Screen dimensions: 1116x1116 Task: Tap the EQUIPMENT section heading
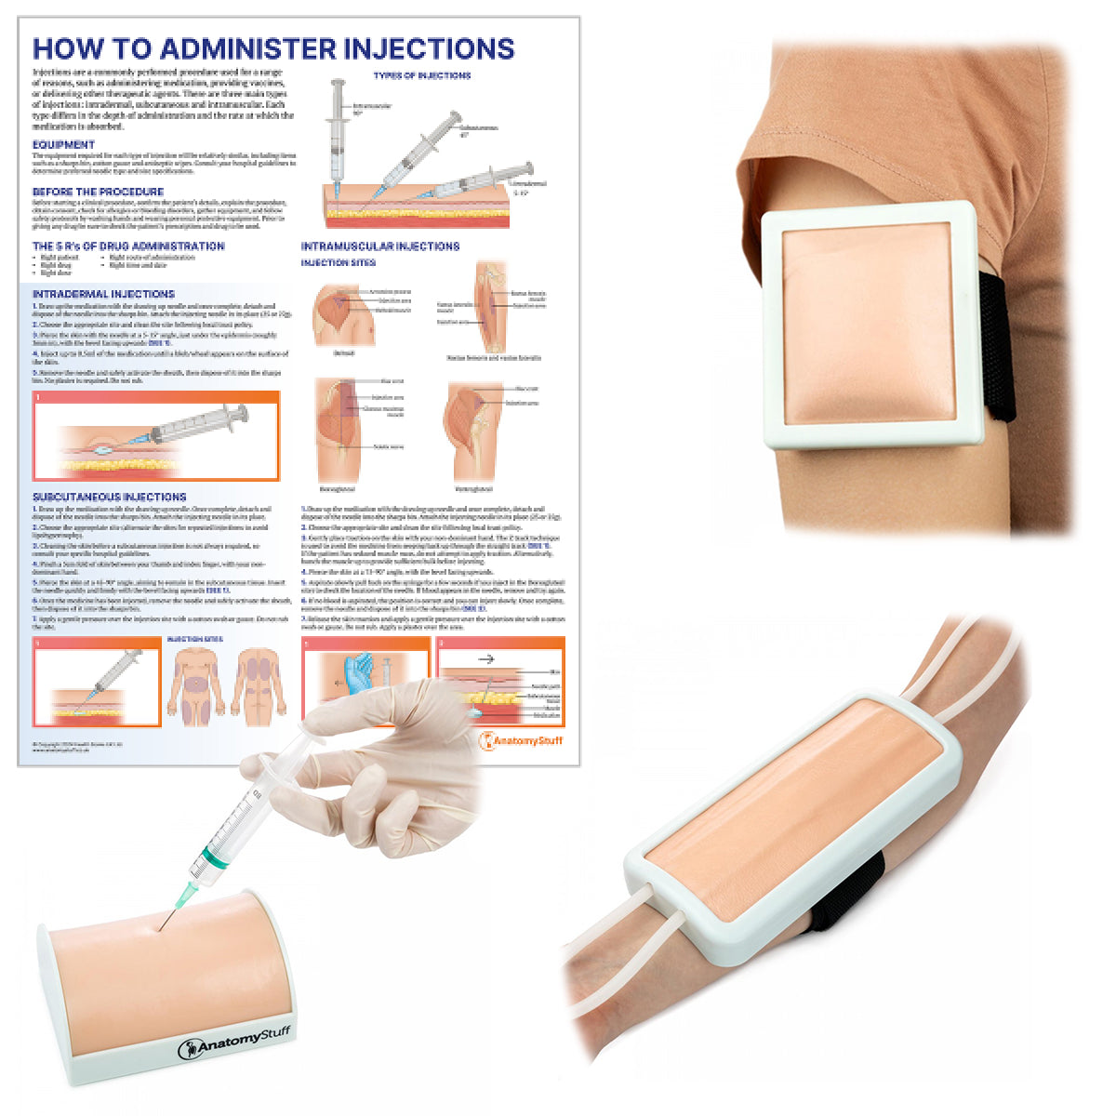(63, 145)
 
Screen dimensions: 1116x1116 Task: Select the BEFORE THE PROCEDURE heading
(98, 192)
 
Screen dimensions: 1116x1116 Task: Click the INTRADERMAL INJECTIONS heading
(103, 294)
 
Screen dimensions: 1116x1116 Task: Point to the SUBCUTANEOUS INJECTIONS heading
(109, 498)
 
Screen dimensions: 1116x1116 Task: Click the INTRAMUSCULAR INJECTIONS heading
(379, 246)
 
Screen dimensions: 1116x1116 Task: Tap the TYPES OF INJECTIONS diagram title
(422, 75)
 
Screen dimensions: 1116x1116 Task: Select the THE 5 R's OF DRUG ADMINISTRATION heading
(128, 246)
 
